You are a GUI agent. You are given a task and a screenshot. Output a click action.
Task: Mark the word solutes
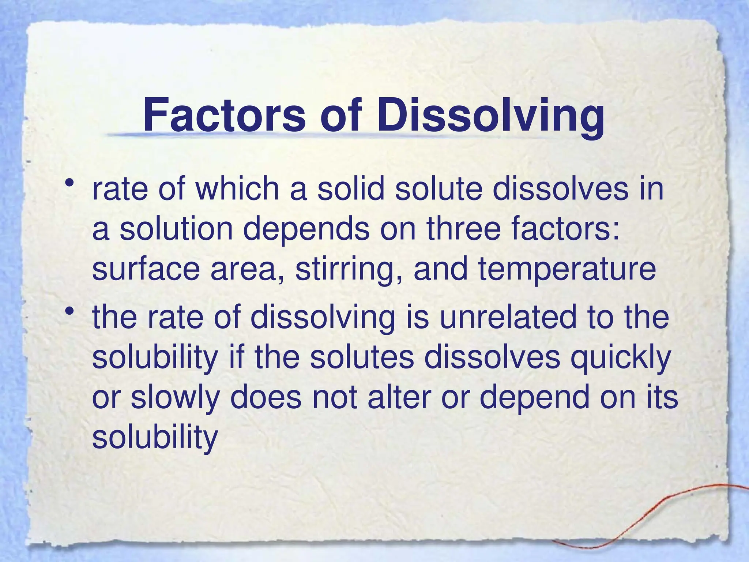coord(362,357)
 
